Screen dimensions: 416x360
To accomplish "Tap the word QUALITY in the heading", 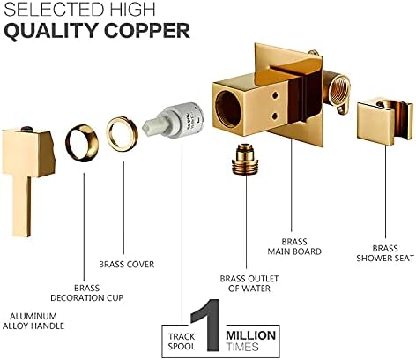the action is coord(51,31).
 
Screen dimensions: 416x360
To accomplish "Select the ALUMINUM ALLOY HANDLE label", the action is coord(33,321).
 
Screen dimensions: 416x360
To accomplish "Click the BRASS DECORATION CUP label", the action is coord(87,293).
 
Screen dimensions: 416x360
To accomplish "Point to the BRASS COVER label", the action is coord(127,265).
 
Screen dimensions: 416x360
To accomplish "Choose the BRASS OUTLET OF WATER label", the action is coord(249,283).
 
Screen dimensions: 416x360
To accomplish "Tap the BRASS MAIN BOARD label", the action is coord(294,247).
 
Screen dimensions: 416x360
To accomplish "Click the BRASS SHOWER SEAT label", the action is coord(385,253).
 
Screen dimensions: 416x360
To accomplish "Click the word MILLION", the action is coord(251,335).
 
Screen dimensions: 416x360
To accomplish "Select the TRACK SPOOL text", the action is coord(182,341).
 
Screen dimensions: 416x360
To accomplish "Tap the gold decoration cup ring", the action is coord(82,143).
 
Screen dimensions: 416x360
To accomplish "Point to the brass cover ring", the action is coord(123,134).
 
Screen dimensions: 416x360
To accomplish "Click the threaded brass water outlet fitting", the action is coord(245,160).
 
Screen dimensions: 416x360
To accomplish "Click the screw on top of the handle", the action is coord(27,129).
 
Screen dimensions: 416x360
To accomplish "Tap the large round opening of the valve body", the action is coord(227,109).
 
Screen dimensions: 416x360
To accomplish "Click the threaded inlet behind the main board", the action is coord(339,88).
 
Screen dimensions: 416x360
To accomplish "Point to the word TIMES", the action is coord(242,347).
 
